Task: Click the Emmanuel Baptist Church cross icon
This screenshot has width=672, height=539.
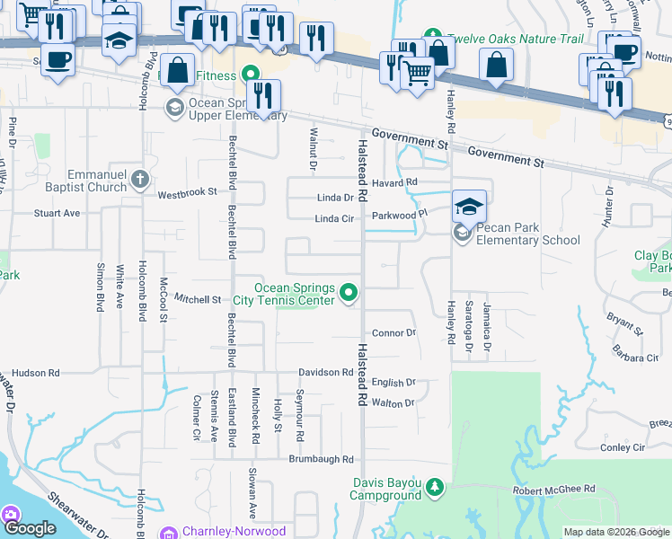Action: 139,180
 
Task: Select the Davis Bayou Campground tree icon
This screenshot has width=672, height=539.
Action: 435,487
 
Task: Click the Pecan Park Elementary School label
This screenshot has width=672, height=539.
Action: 528,234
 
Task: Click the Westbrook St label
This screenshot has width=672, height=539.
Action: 188,193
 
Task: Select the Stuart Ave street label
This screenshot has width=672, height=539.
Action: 57,214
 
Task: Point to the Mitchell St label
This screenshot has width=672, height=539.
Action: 198,298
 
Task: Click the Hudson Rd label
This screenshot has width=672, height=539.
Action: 36,372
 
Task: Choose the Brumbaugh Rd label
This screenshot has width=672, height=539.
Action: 321,459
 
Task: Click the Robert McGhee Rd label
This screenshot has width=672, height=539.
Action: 554,490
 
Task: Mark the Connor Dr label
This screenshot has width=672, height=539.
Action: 393,333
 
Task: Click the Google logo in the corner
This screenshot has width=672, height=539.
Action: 30,528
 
